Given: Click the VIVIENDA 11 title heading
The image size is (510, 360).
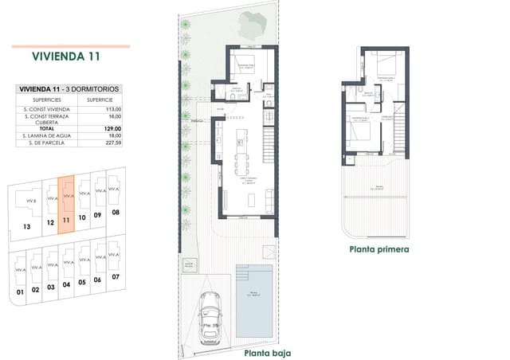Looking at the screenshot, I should (x=67, y=57).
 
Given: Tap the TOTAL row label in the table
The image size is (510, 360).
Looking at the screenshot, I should (x=46, y=128).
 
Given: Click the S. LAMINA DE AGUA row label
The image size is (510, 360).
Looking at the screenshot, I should (x=46, y=136).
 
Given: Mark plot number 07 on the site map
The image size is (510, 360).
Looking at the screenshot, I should (x=116, y=276).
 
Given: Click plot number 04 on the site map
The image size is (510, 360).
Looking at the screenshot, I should (x=66, y=284).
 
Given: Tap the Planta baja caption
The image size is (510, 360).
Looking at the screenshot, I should (x=267, y=352).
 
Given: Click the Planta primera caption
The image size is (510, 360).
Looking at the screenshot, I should (x=379, y=248).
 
